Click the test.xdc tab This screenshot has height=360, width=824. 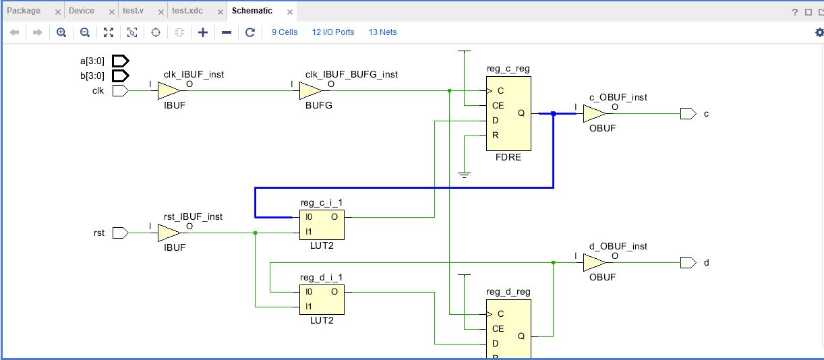[x=187, y=11]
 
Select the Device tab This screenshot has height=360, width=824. [x=82, y=11]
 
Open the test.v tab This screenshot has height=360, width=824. [x=133, y=11]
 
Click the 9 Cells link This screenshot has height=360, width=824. [x=285, y=32]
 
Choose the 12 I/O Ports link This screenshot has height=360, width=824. [x=332, y=32]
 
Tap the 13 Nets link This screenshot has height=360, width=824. [x=382, y=32]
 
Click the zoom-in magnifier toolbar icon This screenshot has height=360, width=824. [x=61, y=32]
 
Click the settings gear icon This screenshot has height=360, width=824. [x=819, y=32]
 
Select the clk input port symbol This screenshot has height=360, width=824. [x=120, y=91]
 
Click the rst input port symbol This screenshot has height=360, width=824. [x=120, y=233]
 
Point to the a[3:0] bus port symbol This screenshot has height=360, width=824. [x=120, y=61]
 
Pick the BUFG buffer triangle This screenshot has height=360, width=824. [x=310, y=91]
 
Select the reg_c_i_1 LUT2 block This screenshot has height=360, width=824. [x=322, y=224]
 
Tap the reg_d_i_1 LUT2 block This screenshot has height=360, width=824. [x=322, y=299]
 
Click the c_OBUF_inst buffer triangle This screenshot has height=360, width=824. [x=594, y=114]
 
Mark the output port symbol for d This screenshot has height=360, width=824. [x=688, y=262]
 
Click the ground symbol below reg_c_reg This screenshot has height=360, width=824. [x=464, y=175]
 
